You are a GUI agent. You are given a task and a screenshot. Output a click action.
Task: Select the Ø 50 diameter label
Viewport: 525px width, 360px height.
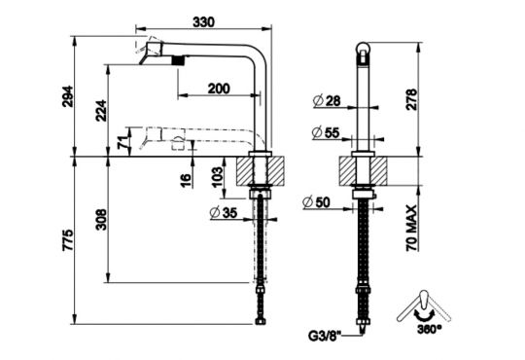click(x=317, y=201)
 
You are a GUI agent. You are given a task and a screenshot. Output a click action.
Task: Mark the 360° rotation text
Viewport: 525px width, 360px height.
click(x=431, y=330)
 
